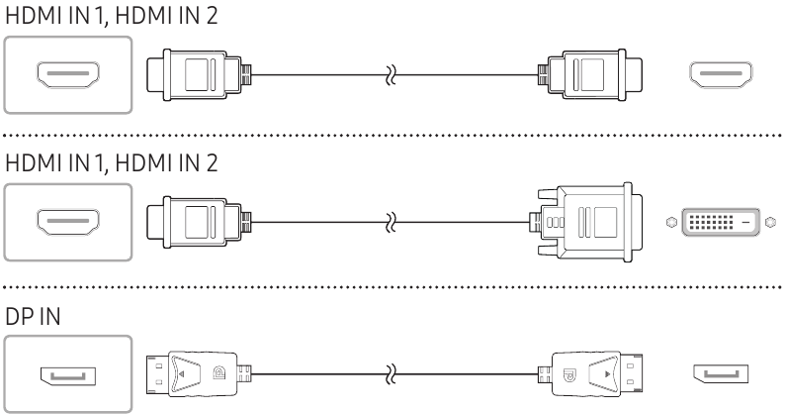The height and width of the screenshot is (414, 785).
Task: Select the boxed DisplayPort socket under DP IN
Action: click(67, 375)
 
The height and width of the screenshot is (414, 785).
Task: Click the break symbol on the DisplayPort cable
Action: click(389, 375)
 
